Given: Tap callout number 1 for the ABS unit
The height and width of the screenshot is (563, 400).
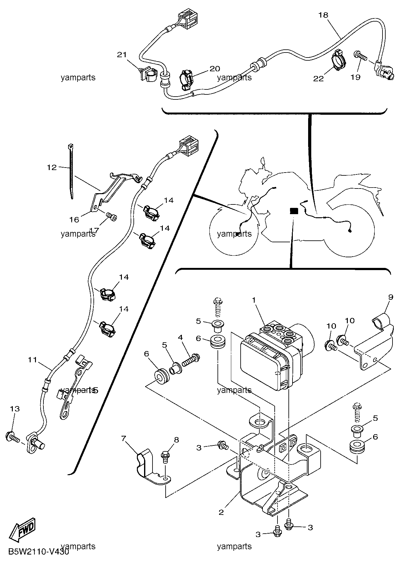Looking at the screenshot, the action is click(x=254, y=300).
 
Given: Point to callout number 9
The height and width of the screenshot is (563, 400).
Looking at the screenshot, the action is click(x=391, y=297).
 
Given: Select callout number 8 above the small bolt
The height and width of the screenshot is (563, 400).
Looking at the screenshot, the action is click(x=177, y=440).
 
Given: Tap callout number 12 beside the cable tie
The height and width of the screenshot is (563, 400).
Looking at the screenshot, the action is click(x=52, y=168).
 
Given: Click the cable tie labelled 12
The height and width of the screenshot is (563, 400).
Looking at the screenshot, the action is click(x=71, y=171).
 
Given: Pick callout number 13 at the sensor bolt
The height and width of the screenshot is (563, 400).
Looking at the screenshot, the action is click(x=15, y=409).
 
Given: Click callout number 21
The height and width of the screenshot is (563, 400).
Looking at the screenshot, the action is click(x=122, y=55).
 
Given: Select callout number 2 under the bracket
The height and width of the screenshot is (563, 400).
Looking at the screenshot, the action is click(x=221, y=512).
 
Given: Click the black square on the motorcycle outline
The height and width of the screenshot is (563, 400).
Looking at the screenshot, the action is click(x=294, y=211).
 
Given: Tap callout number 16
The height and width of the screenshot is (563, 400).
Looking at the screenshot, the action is click(x=74, y=220).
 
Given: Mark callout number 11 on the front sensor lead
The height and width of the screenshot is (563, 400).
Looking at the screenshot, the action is click(x=32, y=360).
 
